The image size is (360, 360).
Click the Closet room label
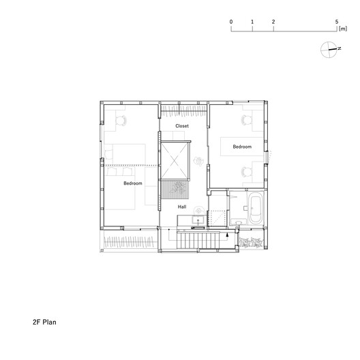182,127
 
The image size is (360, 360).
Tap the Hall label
182,206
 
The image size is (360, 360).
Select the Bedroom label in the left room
132,183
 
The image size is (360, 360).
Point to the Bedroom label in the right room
241,147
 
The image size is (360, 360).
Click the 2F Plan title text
44,320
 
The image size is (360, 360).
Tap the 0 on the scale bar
232,22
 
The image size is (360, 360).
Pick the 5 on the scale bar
337,22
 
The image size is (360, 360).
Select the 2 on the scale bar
273,22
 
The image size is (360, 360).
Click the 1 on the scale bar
252,22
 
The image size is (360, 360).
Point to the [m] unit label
343,30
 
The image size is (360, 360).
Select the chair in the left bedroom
123,120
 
